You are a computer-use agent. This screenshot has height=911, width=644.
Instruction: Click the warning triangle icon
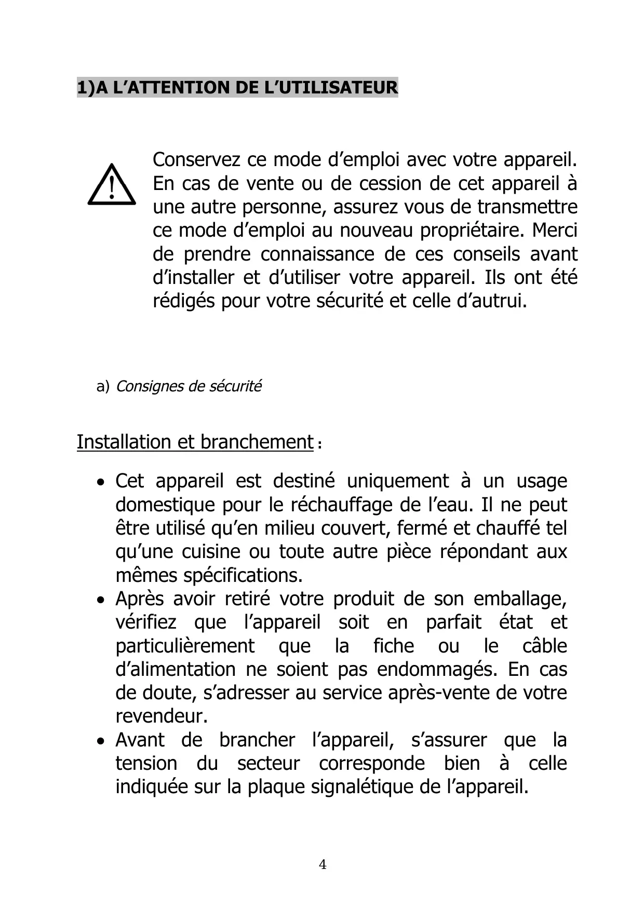click(x=112, y=185)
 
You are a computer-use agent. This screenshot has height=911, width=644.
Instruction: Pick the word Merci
click(x=555, y=230)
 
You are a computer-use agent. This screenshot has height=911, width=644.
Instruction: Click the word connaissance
click(x=317, y=254)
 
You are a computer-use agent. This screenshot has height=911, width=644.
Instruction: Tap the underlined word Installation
click(x=124, y=442)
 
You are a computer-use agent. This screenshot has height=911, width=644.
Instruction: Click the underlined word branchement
click(x=257, y=442)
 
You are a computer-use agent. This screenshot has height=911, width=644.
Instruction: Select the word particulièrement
click(x=185, y=646)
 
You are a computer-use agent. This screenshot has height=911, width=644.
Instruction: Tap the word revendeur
click(x=161, y=716)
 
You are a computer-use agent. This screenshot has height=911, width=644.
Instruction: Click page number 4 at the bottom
click(x=323, y=865)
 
